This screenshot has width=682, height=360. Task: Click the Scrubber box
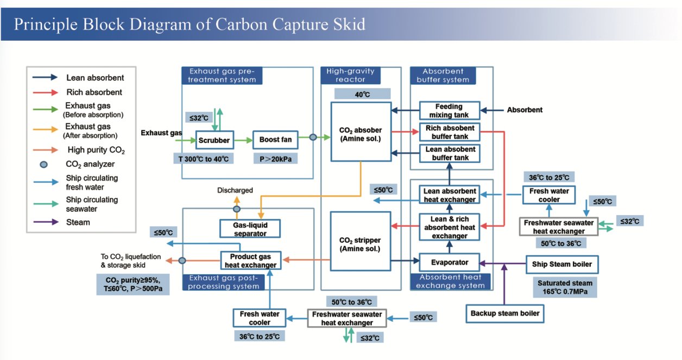pyautogui.click(x=214, y=140)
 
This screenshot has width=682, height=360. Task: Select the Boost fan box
pyautogui.click(x=275, y=140)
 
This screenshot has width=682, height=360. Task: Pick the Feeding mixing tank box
pyautogui.click(x=449, y=111)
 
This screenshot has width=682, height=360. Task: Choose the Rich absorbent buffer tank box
pyautogui.click(x=449, y=132)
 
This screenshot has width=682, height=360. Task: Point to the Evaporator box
pyautogui.click(x=449, y=262)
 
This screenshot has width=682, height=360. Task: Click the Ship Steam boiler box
pyautogui.click(x=562, y=264)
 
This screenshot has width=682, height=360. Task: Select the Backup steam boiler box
pyautogui.click(x=504, y=313)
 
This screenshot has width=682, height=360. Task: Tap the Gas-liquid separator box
pyautogui.click(x=250, y=228)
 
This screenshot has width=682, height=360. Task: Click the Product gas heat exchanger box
pyautogui.click(x=250, y=261)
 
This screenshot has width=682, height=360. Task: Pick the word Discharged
pyautogui.click(x=235, y=191)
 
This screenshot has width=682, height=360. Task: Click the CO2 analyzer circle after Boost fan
pyautogui.click(x=313, y=137)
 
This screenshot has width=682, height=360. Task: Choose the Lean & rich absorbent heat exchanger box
pyautogui.click(x=449, y=226)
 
